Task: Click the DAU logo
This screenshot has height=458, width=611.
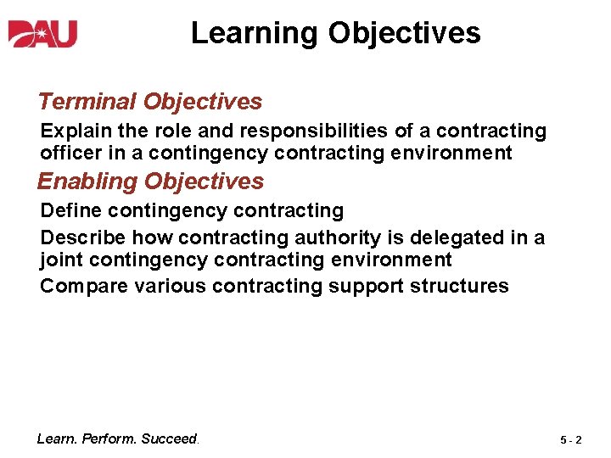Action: point(43,33)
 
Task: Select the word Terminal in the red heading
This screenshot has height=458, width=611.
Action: point(87,102)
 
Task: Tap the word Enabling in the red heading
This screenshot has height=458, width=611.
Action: point(87,182)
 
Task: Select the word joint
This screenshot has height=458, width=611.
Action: point(58,260)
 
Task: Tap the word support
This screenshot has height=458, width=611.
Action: point(367,287)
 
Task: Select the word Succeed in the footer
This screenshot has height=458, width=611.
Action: point(170,438)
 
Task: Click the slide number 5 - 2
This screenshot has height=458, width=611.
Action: point(570,440)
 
